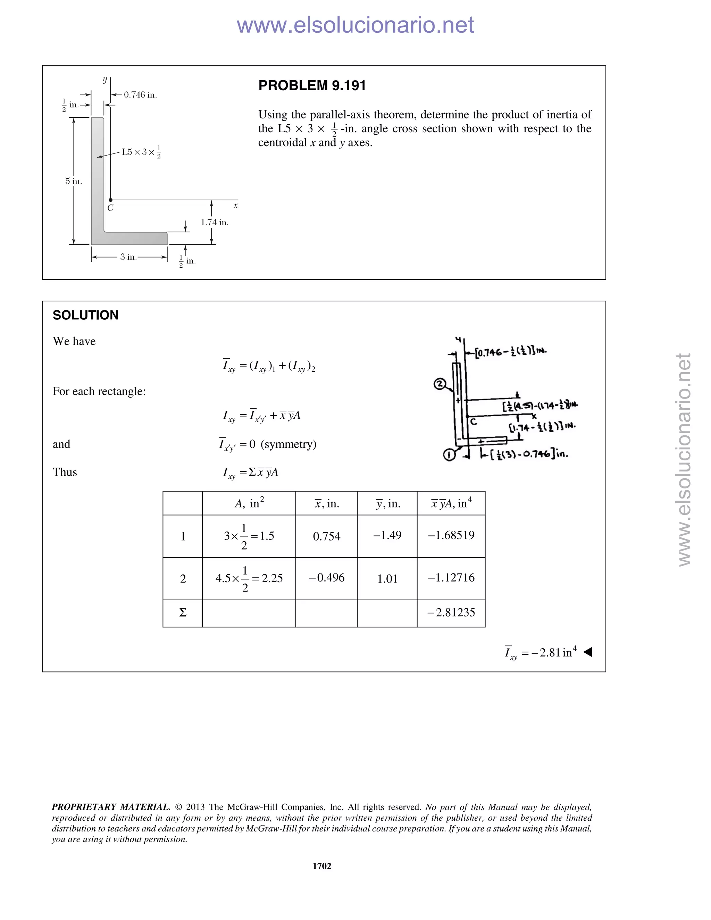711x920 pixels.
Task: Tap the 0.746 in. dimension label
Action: point(140,95)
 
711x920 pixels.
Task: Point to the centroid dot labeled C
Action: point(110,200)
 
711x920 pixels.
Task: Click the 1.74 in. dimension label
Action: point(215,223)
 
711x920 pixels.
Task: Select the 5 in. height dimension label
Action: point(73,181)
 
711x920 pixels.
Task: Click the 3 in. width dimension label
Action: point(128,257)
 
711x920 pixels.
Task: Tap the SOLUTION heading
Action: point(85,315)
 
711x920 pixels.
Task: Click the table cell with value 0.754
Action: point(326,536)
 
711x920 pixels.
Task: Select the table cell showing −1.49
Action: point(387,535)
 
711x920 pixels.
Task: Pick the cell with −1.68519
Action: point(451,535)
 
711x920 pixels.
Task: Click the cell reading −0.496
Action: point(326,578)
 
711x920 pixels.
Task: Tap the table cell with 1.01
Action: point(387,579)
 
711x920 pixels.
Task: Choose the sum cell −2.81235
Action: point(451,612)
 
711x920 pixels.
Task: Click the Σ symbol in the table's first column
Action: point(183,612)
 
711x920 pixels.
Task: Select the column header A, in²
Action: point(249,503)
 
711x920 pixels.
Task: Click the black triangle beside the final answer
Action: point(588,652)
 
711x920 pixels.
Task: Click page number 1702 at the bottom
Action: point(322,866)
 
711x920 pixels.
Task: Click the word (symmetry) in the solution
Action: point(288,444)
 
